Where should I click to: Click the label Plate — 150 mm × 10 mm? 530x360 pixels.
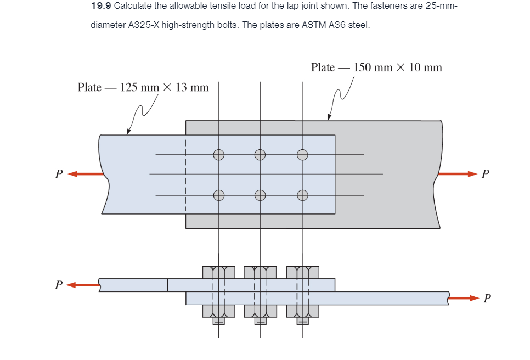(x=376, y=67)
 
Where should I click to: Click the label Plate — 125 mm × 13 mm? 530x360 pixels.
(x=143, y=87)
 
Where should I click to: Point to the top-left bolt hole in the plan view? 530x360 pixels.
(x=218, y=155)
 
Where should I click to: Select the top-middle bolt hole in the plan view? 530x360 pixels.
(x=260, y=155)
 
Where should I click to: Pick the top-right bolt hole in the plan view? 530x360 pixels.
(x=302, y=155)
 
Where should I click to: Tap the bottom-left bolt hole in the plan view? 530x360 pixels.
(x=218, y=195)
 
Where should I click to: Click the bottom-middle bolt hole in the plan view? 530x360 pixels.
(x=260, y=195)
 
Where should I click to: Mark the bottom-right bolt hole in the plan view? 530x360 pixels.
(x=302, y=195)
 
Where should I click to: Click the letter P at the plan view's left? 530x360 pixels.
(x=59, y=175)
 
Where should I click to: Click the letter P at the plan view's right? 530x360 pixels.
(x=484, y=175)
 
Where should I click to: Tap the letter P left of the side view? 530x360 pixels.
(x=59, y=285)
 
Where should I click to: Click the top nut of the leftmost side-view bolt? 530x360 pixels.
(x=218, y=272)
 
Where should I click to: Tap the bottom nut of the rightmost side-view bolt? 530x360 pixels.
(x=302, y=311)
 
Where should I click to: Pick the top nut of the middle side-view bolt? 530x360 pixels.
(x=260, y=272)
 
